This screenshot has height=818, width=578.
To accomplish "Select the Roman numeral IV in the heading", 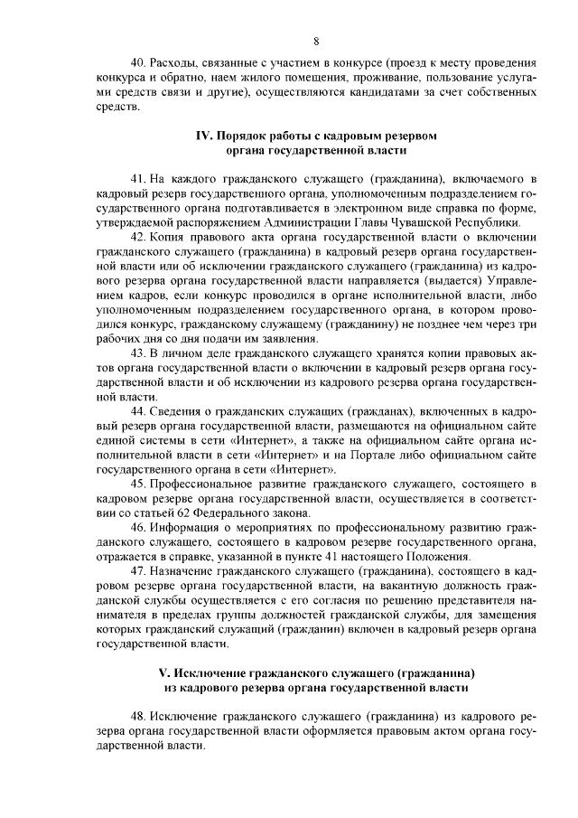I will [204, 136].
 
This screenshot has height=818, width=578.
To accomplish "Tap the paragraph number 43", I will [138, 353].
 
